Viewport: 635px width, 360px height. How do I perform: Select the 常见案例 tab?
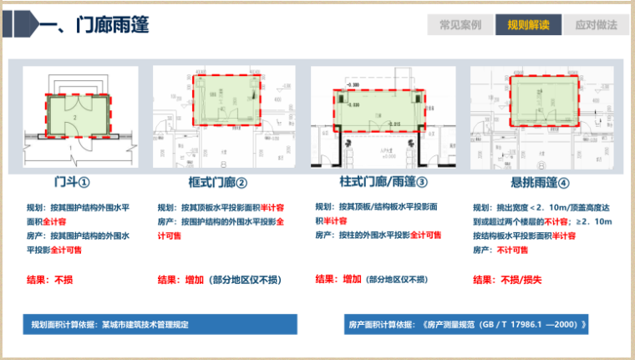(x=459, y=25)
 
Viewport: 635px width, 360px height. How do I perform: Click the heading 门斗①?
(x=72, y=182)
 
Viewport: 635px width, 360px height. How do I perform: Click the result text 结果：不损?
(x=53, y=279)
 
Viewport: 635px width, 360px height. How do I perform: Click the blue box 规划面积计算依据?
(x=159, y=324)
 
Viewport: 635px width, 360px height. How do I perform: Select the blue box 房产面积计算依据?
(x=469, y=324)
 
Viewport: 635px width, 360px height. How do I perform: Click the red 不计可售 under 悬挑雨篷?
(x=517, y=249)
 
